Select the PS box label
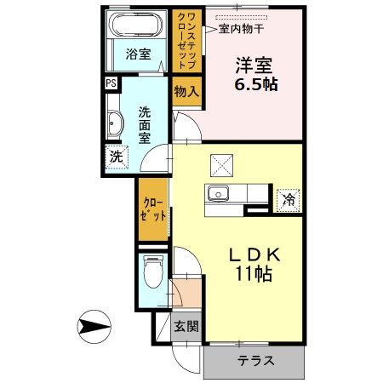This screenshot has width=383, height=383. [x=111, y=83]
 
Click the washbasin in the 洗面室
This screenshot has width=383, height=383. [x=115, y=123]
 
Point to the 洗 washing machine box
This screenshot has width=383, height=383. [x=116, y=157]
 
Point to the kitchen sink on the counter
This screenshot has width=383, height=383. [x=220, y=195]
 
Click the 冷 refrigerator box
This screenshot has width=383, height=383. [x=289, y=200]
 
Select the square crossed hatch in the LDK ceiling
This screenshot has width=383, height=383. [x=222, y=162]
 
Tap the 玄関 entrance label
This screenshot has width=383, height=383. [x=186, y=325]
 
